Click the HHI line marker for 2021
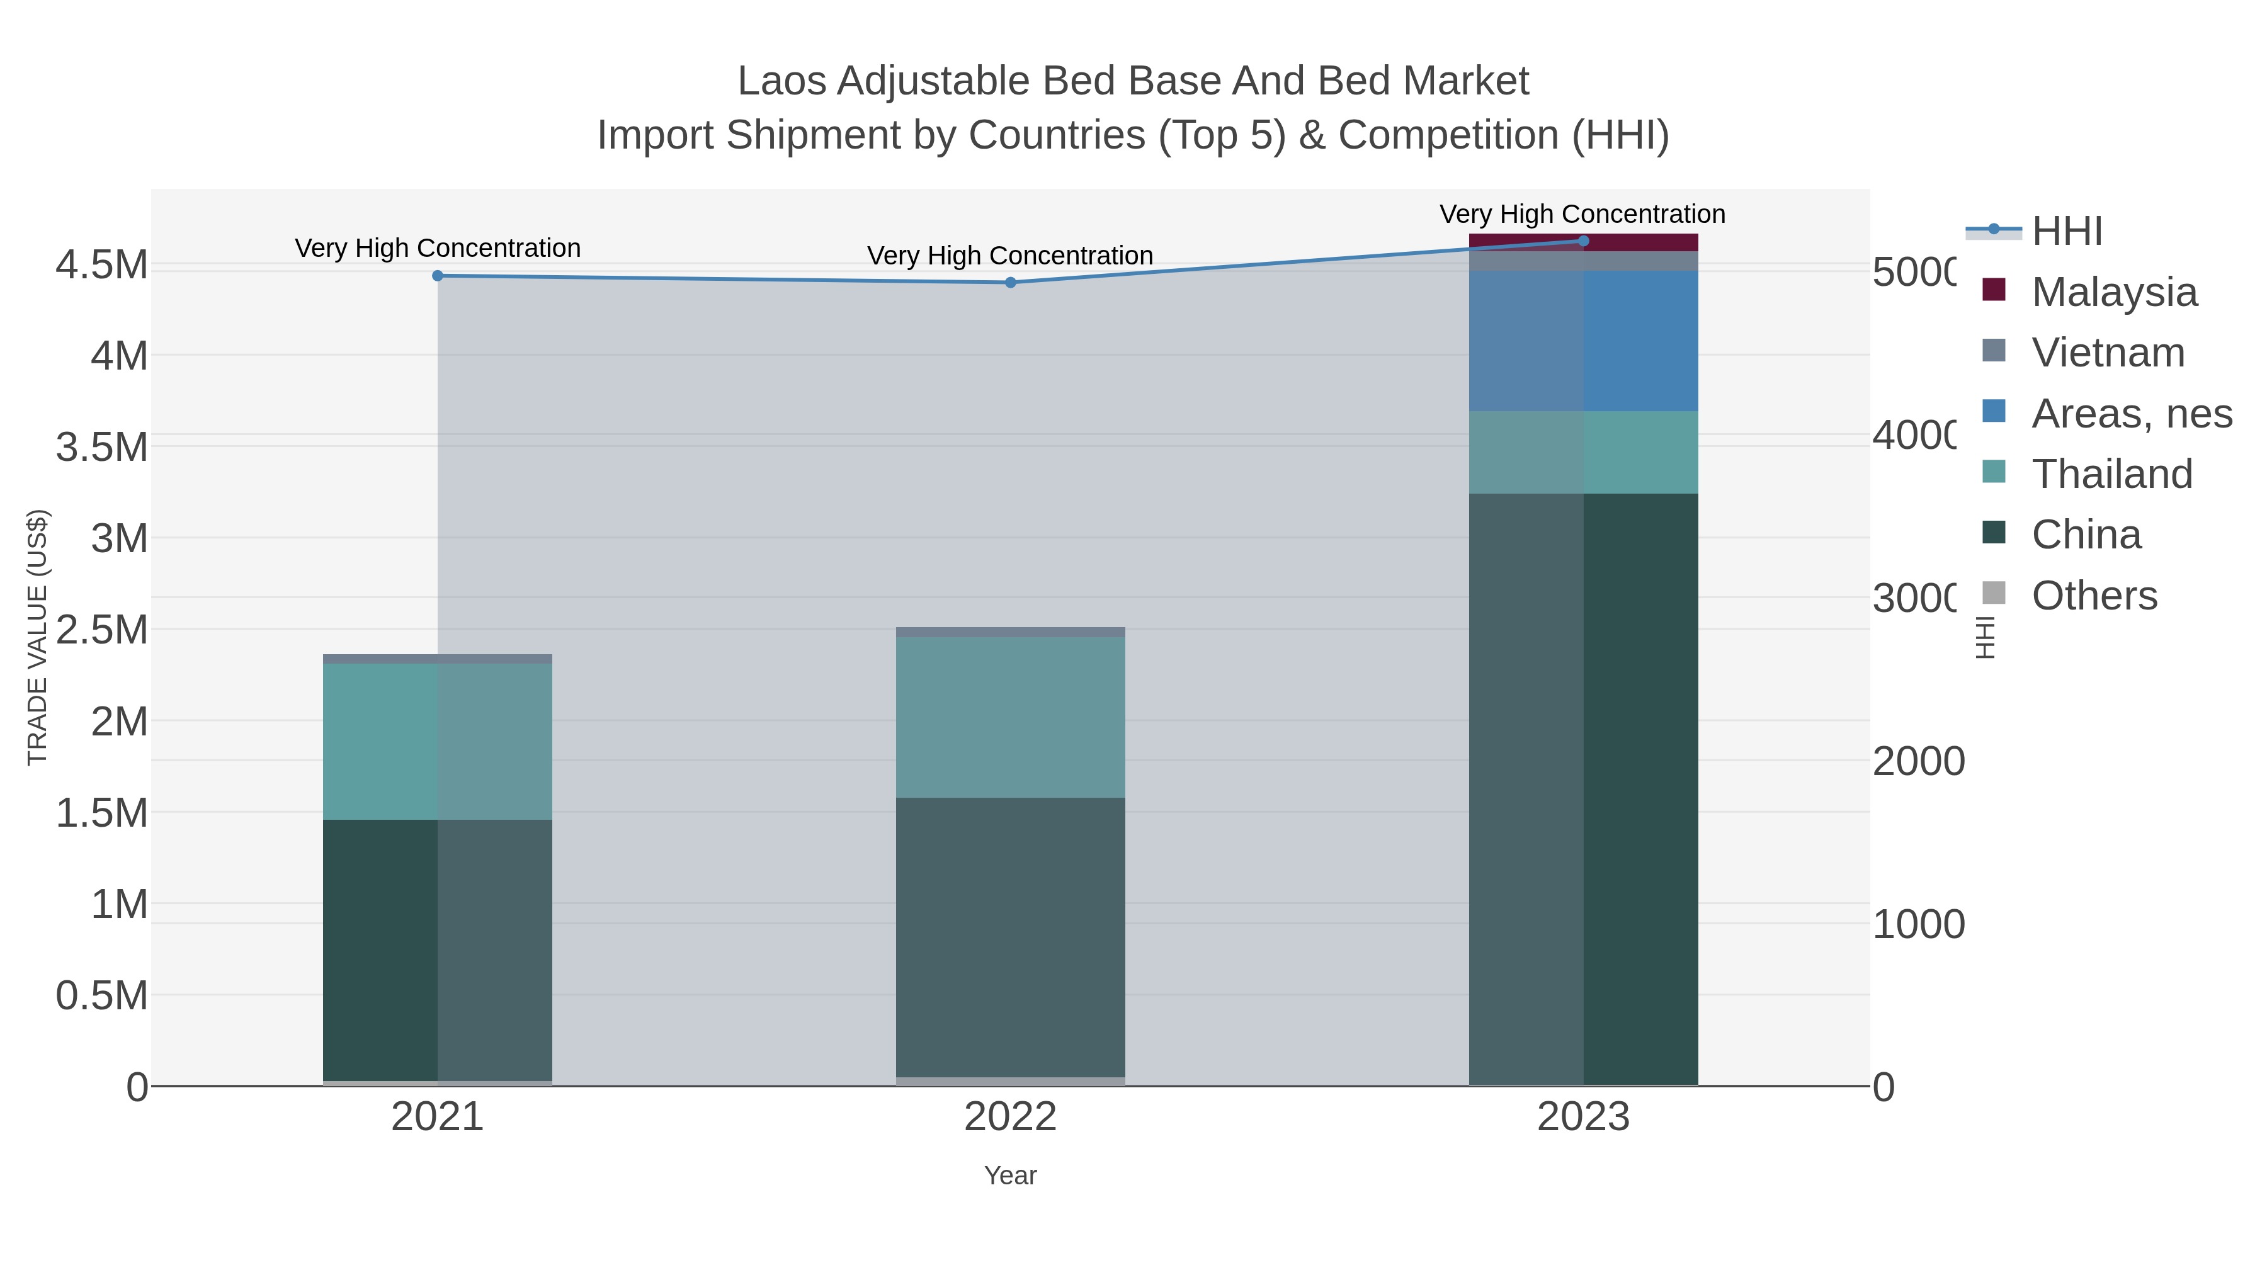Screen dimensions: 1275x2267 point(438,275)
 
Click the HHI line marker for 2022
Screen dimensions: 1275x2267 point(1010,283)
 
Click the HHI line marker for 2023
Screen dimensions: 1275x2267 point(1583,241)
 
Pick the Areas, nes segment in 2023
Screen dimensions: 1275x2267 point(1583,341)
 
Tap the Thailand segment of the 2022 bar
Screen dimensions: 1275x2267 point(1010,717)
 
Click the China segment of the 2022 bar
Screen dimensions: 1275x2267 point(1010,937)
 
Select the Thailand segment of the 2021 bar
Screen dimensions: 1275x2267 point(438,742)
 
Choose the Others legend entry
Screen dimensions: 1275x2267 point(2094,596)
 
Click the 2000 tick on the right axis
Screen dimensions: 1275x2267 point(1918,761)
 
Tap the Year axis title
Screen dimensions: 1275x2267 point(1010,1176)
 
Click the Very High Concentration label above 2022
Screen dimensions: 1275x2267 point(1010,256)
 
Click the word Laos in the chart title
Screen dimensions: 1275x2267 point(781,81)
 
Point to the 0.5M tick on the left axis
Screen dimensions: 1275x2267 point(102,996)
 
